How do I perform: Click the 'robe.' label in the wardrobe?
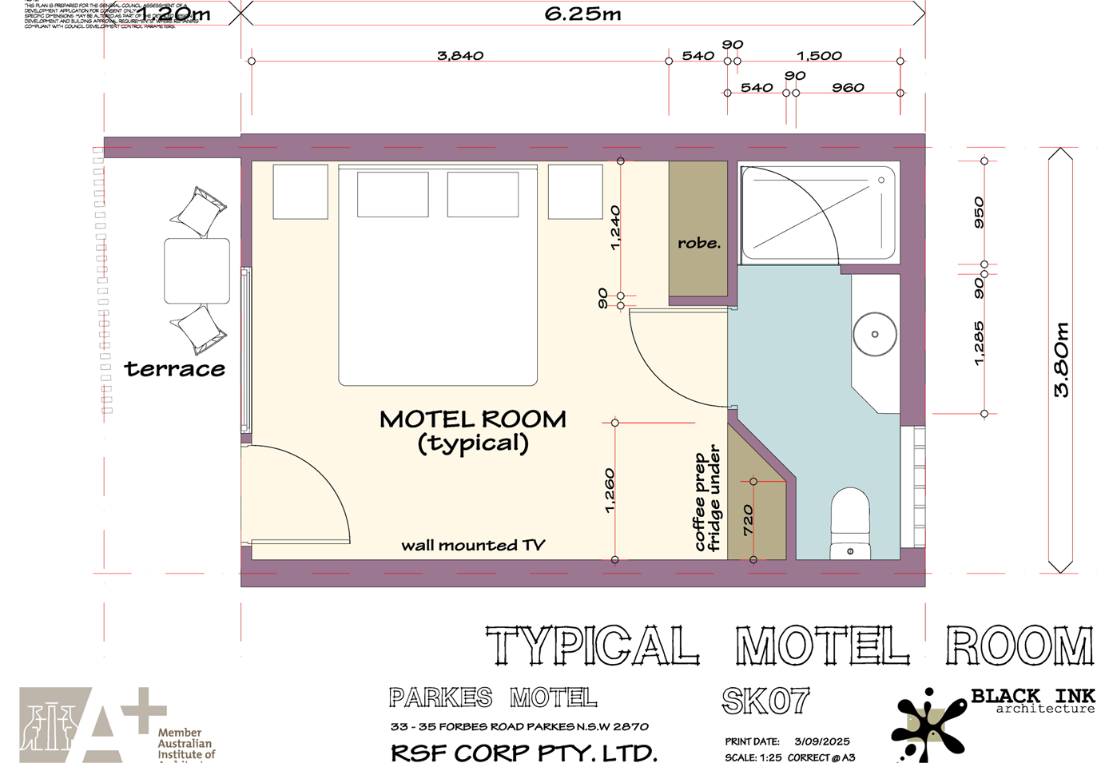(698, 243)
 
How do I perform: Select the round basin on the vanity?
(875, 333)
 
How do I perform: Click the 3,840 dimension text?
(460, 55)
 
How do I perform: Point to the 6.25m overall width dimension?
(582, 14)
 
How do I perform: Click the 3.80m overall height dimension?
(1061, 360)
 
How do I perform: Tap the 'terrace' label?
(175, 368)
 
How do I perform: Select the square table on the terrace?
(197, 271)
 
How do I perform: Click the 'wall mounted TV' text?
(473, 545)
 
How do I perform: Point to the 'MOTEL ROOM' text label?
(473, 419)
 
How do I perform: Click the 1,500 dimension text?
(819, 55)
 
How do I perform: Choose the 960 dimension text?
(848, 87)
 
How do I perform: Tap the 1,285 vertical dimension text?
(979, 344)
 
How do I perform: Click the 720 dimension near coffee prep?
(748, 520)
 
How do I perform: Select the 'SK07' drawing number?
(765, 701)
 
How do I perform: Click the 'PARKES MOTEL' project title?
(493, 697)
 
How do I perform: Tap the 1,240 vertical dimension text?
(614, 228)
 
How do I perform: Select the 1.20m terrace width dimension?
(173, 14)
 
